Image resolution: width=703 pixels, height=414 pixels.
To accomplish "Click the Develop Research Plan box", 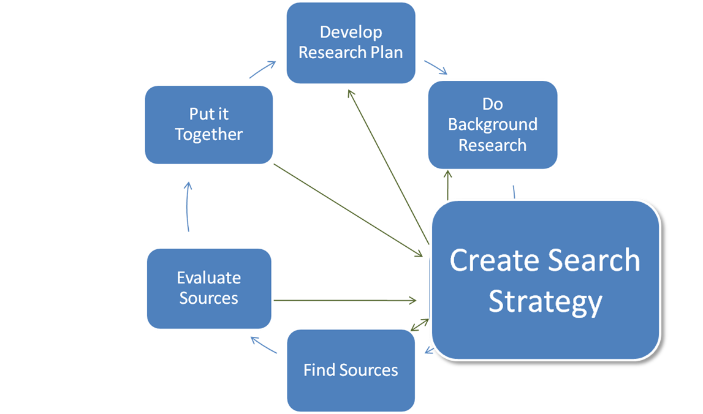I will (351, 43).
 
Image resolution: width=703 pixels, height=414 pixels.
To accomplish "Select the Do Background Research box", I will (493, 124).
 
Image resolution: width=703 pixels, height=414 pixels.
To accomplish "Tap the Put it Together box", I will (208, 124).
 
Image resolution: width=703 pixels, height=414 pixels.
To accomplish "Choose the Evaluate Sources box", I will (208, 288).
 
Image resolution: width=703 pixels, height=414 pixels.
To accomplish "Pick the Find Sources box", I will (351, 370).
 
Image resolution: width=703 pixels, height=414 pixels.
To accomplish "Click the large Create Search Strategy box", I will (545, 279).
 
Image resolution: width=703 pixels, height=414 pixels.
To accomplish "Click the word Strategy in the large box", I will (545, 301).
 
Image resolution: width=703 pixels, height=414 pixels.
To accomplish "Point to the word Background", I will (493, 124).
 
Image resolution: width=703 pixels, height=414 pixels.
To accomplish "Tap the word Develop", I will (351, 32).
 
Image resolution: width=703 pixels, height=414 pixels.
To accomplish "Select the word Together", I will (208, 135).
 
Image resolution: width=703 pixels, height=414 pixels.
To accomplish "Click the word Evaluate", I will (208, 277).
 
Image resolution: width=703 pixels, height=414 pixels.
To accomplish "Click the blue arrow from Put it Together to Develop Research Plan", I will (262, 70).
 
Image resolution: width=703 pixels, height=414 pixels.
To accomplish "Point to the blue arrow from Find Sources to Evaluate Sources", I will (265, 345).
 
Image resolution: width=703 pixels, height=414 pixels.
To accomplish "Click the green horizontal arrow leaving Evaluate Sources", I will (343, 300).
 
